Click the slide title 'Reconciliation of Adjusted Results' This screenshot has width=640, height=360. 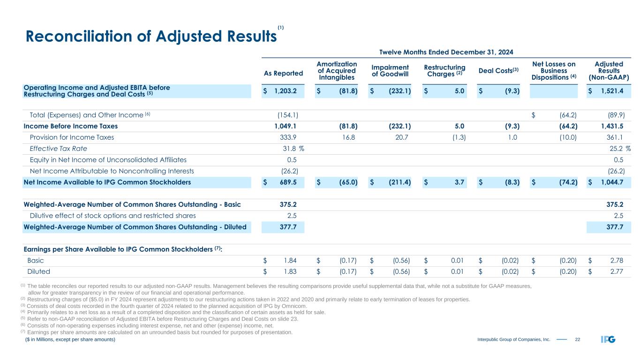point(150,37)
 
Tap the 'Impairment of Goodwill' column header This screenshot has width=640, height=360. point(390,70)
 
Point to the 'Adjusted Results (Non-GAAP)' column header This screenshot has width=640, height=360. point(608,70)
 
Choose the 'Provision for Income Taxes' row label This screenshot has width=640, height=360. point(71,137)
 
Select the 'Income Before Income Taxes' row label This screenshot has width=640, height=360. point(70,126)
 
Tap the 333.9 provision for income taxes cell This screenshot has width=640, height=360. point(287,137)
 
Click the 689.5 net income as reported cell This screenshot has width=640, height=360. point(287,182)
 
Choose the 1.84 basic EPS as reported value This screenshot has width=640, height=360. point(289,260)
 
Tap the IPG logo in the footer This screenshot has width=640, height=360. point(608,339)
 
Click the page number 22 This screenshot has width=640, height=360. point(578,339)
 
